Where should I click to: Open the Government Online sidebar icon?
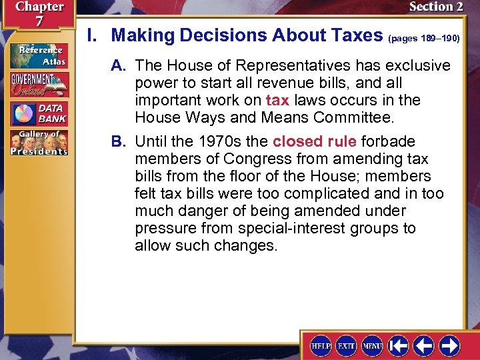(38, 85)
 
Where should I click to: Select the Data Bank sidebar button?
(38, 113)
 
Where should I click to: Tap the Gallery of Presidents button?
(38, 143)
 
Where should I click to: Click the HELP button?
(321, 345)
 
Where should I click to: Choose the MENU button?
(372, 345)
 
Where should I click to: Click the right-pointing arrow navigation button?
(449, 345)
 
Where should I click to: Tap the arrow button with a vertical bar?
(398, 345)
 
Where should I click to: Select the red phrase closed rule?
(315, 141)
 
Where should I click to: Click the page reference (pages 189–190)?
(423, 39)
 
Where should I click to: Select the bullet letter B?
(120, 141)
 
